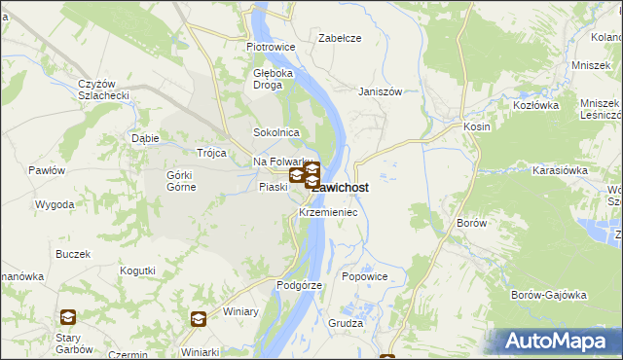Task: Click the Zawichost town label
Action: tap(343, 188)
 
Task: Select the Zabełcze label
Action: tap(341, 38)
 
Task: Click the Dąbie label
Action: tap(145, 138)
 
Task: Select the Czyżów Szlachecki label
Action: tap(103, 90)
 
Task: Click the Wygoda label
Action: tap(55, 205)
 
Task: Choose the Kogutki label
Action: tap(137, 270)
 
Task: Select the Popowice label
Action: tap(365, 276)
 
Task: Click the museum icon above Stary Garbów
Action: tap(68, 316)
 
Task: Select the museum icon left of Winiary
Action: tap(198, 318)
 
